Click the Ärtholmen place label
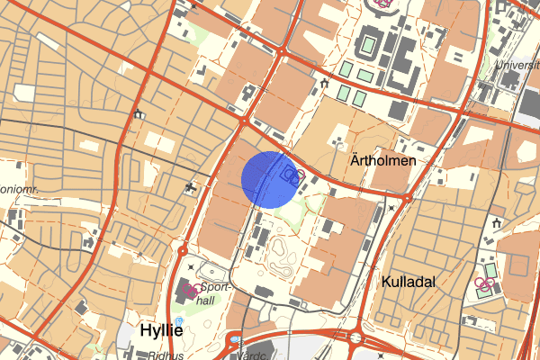pyautogui.click(x=382, y=161)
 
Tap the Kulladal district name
pyautogui.click(x=409, y=282)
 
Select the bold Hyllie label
pyautogui.click(x=162, y=330)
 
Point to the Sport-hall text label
pyautogui.click(x=218, y=293)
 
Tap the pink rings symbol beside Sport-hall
pyautogui.click(x=192, y=290)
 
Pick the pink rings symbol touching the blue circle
pyautogui.click(x=293, y=175)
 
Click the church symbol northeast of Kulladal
pyautogui.click(x=498, y=222)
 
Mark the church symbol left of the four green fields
pyautogui.click(x=323, y=84)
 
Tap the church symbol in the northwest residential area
pyautogui.click(x=138, y=114)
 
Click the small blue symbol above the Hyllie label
pyautogui.click(x=178, y=320)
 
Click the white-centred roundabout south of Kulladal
pyautogui.click(x=356, y=338)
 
